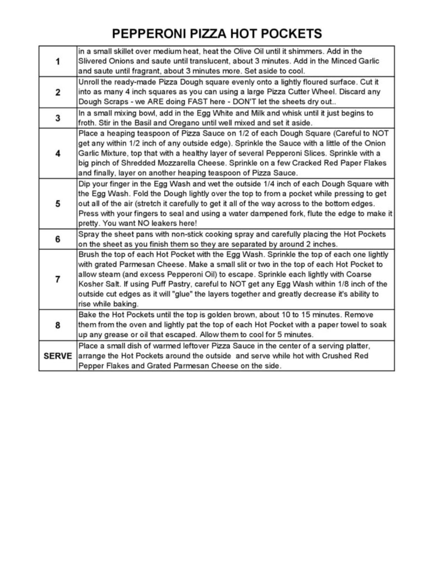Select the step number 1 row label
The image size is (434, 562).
[x=58, y=61]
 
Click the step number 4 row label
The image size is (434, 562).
[x=58, y=153]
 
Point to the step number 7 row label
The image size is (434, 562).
[x=58, y=279]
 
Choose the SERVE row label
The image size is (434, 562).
[x=58, y=356]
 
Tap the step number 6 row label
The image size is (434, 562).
[x=58, y=239]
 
